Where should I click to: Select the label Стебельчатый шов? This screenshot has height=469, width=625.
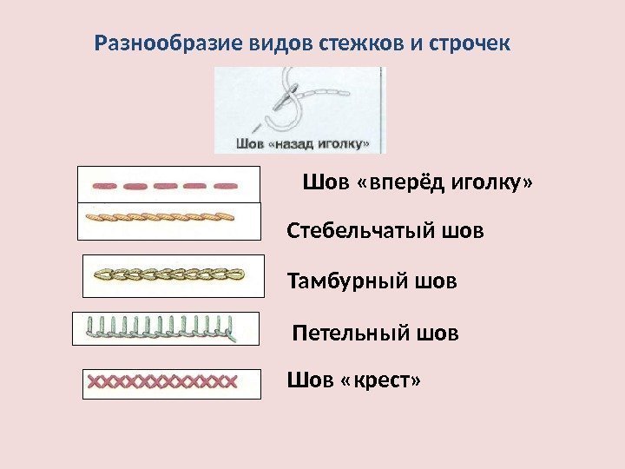coord(385,232)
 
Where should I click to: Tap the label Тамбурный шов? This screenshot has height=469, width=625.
coord(372,281)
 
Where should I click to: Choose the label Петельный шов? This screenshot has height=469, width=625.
coord(375,333)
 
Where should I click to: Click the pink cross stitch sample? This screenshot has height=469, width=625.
coord(163,380)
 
